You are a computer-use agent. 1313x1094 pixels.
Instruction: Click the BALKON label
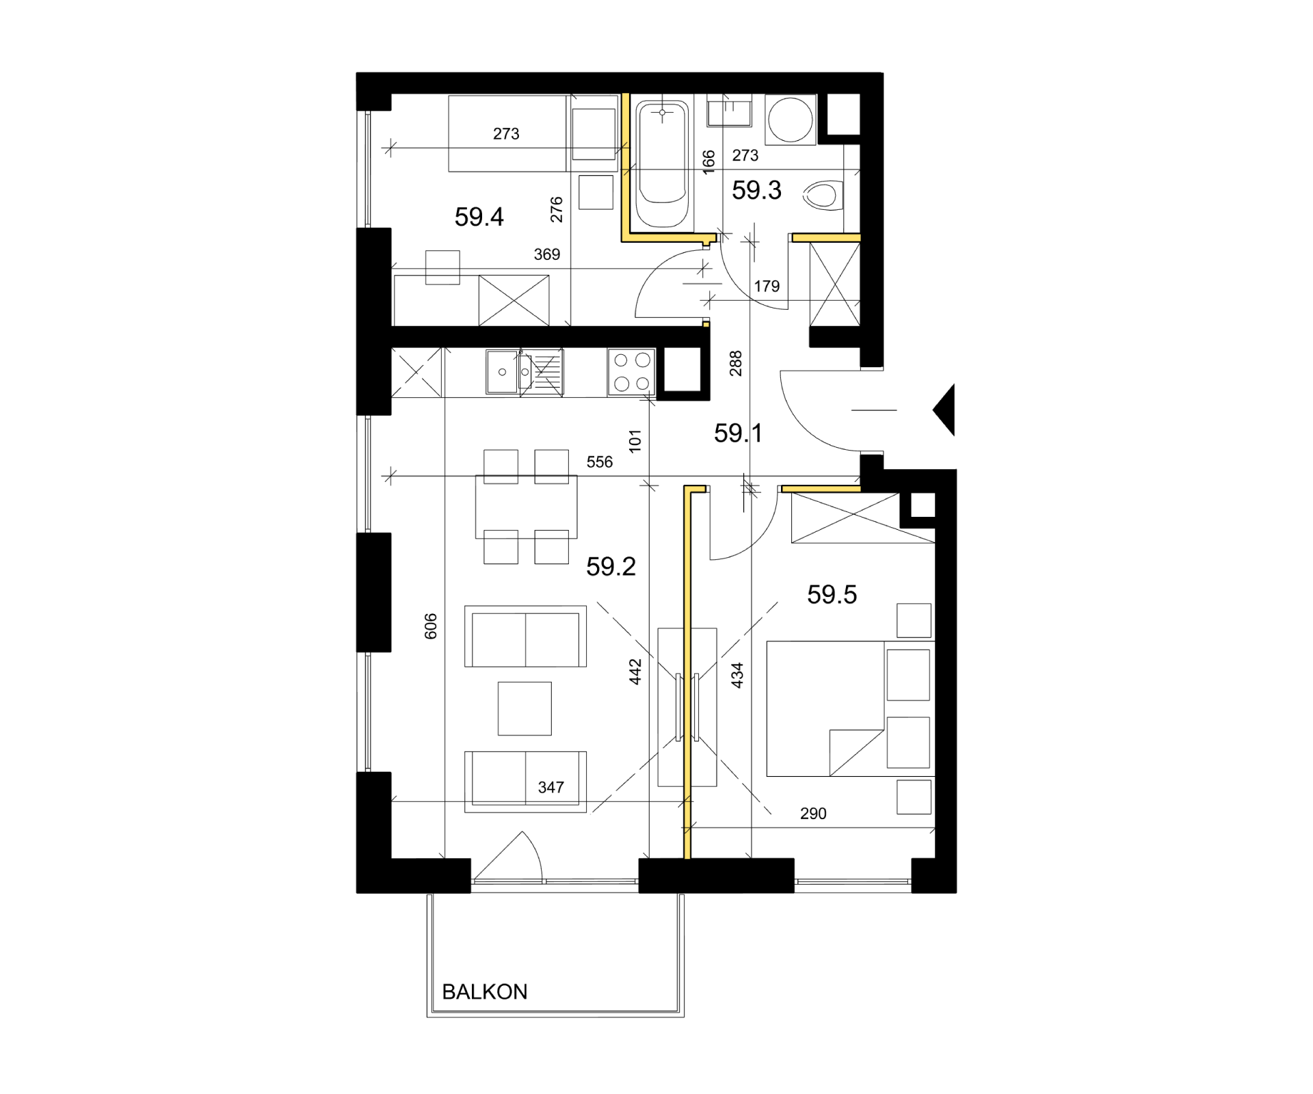484,991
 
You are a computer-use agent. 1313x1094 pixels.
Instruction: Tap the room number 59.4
479,217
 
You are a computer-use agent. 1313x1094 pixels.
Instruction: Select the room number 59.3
756,190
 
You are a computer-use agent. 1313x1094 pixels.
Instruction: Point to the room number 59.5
832,594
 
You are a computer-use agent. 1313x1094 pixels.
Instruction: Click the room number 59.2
611,566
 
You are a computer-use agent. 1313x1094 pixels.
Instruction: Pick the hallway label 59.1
738,433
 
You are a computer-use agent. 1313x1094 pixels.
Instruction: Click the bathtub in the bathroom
662,164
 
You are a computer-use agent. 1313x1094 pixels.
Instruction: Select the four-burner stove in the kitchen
631,372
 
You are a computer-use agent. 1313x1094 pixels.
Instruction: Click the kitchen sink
525,372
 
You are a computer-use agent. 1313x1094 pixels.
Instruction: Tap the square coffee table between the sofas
525,708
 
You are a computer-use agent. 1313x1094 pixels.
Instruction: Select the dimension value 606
430,626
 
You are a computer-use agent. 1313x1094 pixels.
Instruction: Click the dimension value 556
599,462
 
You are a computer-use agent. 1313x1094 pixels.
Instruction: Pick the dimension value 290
813,814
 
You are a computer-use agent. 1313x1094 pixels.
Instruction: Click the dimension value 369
546,254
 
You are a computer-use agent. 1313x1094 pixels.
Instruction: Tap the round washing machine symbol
791,120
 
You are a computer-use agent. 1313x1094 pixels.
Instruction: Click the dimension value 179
767,286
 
